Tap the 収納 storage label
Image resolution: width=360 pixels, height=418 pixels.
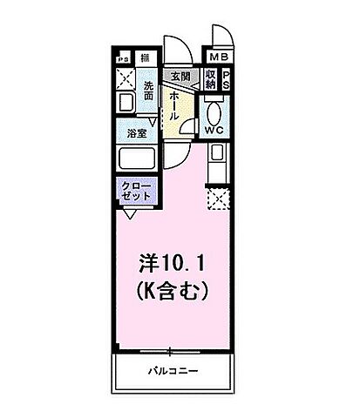click(211, 79)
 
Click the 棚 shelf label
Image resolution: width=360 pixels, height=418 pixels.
click(145, 58)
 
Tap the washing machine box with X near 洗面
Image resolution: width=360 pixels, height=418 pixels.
click(124, 79)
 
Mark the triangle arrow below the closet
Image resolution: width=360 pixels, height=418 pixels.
click(129, 211)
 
